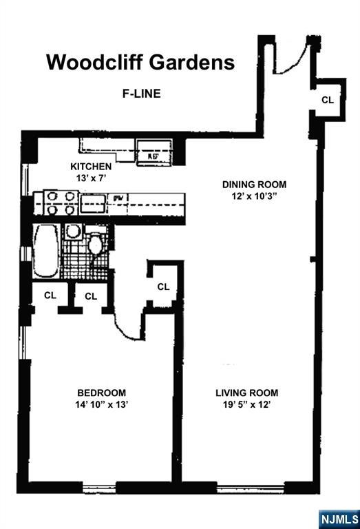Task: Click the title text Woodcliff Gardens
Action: tap(140, 63)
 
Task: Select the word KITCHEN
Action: tap(91, 167)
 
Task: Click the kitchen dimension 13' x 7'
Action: tap(91, 178)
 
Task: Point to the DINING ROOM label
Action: tap(253, 185)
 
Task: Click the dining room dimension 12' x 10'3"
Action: tap(253, 196)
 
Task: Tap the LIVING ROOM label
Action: tap(246, 393)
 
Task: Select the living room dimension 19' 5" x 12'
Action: tap(246, 405)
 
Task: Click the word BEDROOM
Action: tap(100, 393)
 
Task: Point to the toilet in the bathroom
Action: tap(96, 244)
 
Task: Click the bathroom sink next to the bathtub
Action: tap(73, 232)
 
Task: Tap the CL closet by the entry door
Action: tap(328, 100)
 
